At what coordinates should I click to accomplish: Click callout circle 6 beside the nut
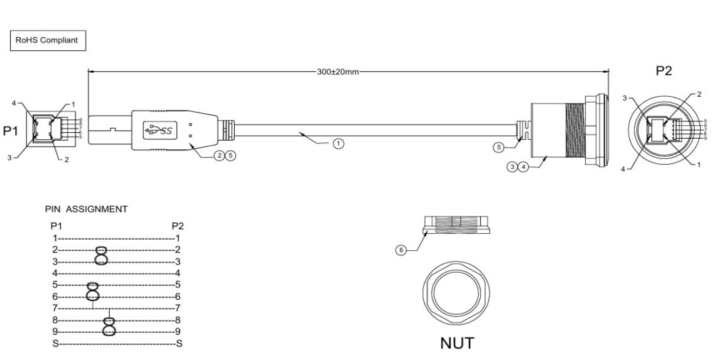coord(401,250)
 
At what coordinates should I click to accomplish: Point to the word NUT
coord(457,343)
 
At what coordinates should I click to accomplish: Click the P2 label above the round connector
coord(664,71)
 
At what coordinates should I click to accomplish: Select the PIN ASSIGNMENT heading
coord(86,209)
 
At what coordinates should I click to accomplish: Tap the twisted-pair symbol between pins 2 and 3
coord(101,255)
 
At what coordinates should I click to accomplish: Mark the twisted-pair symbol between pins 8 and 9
coord(110,325)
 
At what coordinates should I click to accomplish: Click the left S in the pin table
coord(55,343)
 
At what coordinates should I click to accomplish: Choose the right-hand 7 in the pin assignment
coord(178,307)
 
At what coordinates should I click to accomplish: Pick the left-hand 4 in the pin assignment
coord(55,273)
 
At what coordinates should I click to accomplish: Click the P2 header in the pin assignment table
coord(178,226)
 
